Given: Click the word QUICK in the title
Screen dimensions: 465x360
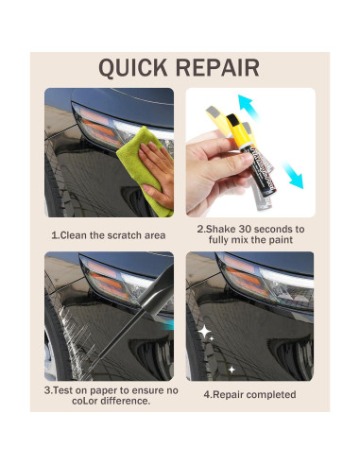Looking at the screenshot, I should (x=132, y=67).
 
